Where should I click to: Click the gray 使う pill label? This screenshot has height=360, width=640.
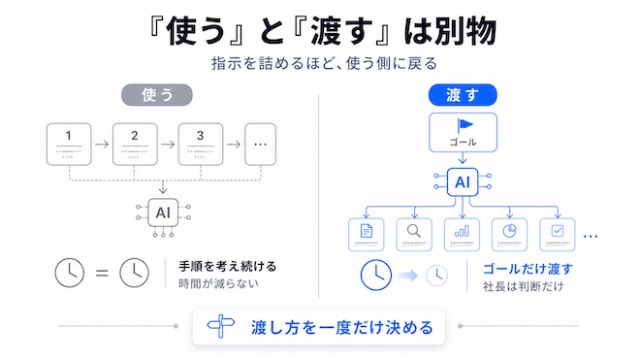click(157, 95)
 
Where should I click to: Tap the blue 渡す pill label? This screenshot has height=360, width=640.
click(463, 95)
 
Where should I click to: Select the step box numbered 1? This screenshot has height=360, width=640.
click(69, 145)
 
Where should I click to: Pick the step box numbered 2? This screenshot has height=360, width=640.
click(135, 145)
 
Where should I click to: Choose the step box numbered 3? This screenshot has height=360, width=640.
click(201, 145)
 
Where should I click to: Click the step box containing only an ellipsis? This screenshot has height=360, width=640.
click(261, 145)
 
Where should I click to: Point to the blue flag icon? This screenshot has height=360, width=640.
click(464, 125)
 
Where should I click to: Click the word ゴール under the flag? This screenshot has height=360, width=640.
click(463, 143)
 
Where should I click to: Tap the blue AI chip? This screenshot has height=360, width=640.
click(463, 181)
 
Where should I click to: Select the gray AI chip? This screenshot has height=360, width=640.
click(163, 213)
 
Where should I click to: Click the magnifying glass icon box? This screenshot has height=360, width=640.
click(414, 235)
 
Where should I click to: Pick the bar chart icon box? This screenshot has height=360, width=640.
click(462, 235)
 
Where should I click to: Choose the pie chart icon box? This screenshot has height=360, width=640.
click(509, 235)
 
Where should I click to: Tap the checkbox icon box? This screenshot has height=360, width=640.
click(558, 235)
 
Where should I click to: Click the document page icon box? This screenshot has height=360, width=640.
click(367, 235)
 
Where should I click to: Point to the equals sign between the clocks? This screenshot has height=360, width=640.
click(102, 273)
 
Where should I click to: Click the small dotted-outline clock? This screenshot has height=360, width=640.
click(436, 276)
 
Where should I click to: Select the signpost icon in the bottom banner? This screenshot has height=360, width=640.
click(221, 326)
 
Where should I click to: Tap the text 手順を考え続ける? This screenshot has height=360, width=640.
click(228, 267)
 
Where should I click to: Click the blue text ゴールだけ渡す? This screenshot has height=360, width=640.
click(528, 269)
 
